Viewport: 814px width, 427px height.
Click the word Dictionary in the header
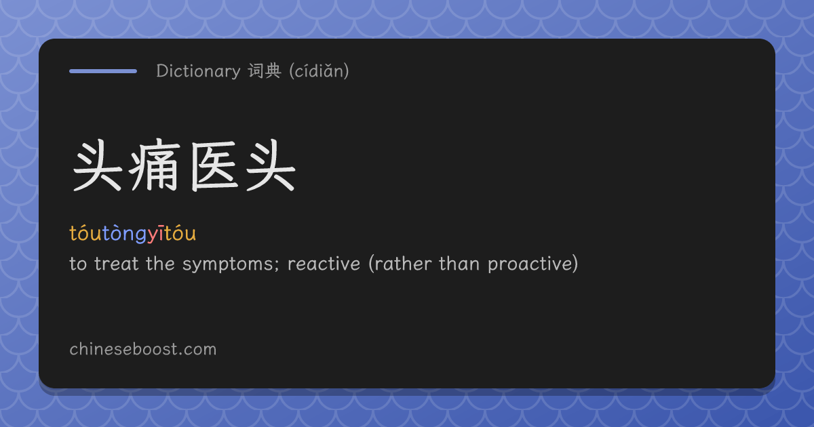(x=198, y=70)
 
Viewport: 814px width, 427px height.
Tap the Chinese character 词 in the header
(x=256, y=70)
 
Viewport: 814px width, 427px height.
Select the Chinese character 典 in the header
(x=273, y=70)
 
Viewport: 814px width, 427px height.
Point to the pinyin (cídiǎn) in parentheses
(x=319, y=70)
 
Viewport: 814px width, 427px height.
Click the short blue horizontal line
(x=103, y=71)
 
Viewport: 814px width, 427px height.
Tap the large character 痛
(x=155, y=165)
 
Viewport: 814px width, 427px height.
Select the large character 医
(x=214, y=165)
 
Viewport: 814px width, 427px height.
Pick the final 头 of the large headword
(x=271, y=165)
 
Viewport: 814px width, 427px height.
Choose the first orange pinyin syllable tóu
(x=85, y=233)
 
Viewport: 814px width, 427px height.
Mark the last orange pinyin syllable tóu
(x=180, y=233)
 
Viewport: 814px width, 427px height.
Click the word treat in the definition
(x=116, y=264)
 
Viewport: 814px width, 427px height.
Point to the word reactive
(x=324, y=264)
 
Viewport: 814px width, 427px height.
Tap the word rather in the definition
(x=403, y=264)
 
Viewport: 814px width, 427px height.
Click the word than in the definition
(x=459, y=264)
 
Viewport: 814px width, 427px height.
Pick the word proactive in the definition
(x=530, y=264)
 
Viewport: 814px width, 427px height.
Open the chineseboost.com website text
(x=143, y=349)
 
